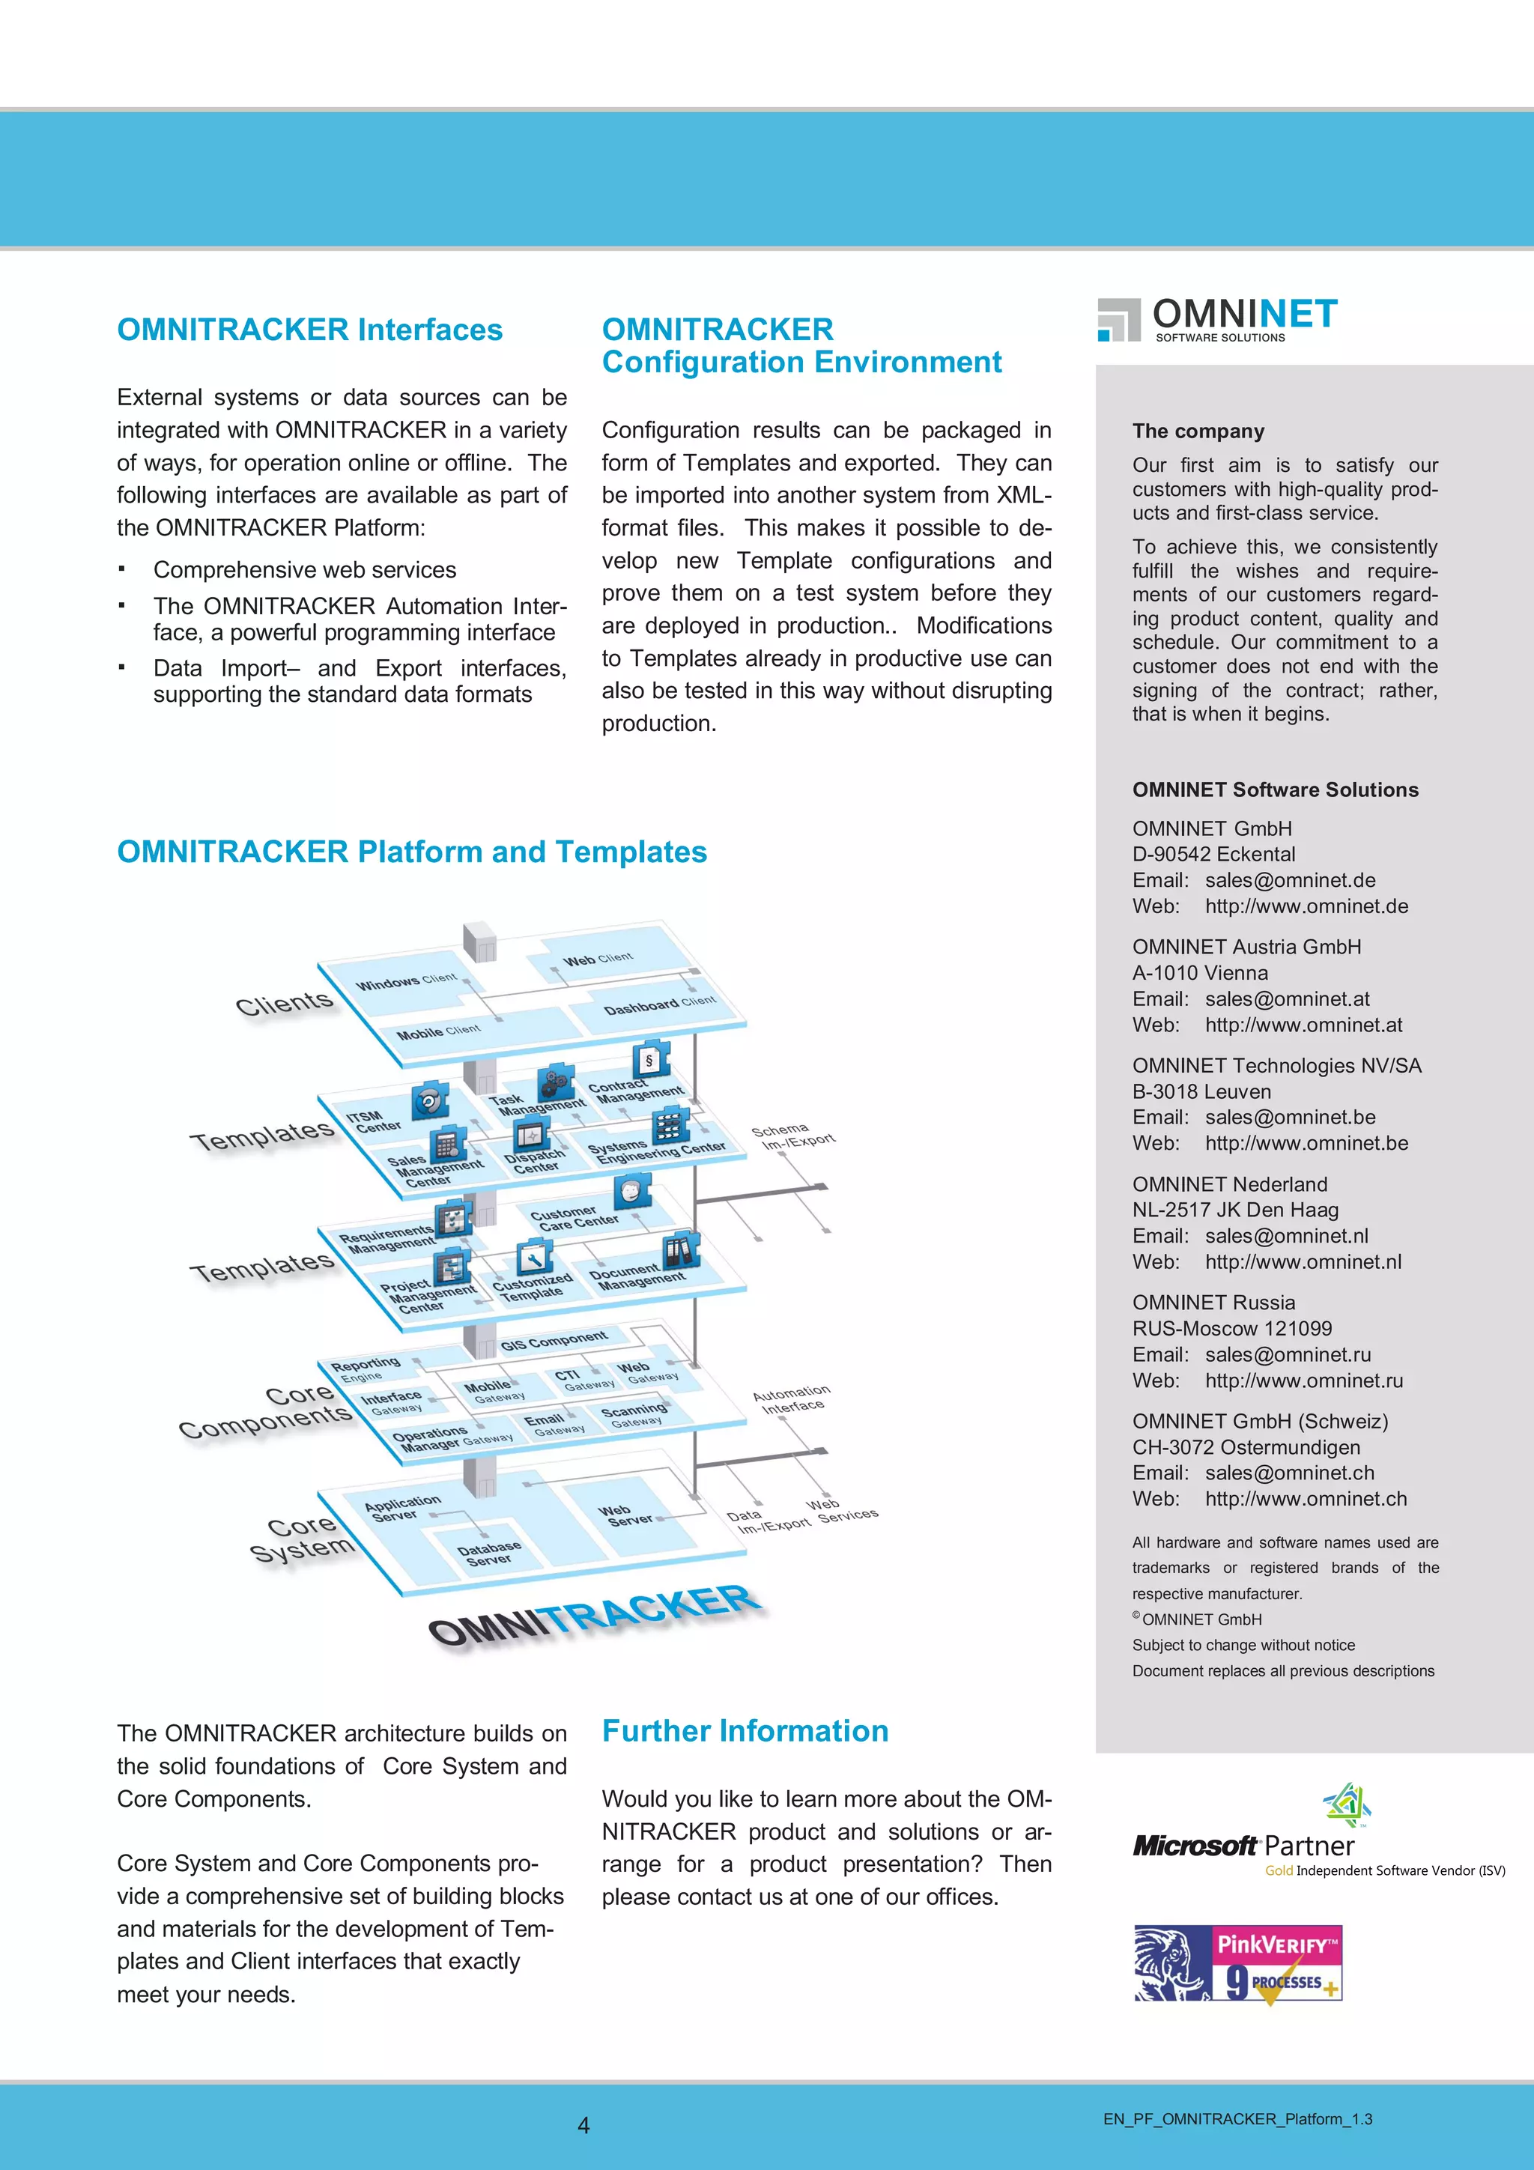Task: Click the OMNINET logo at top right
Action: [1217, 318]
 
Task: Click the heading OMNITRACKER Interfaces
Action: [309, 330]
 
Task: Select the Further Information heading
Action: [745, 1730]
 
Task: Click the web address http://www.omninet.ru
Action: [1303, 1380]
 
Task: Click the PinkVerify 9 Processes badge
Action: [1238, 1963]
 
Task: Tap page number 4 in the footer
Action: [583, 2126]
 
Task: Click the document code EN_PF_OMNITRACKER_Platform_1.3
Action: [1237, 2119]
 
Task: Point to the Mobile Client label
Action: [437, 1032]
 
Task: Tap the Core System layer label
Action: [303, 1538]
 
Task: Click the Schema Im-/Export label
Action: [792, 1136]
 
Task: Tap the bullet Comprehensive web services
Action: [304, 570]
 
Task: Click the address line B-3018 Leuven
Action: [1201, 1091]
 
